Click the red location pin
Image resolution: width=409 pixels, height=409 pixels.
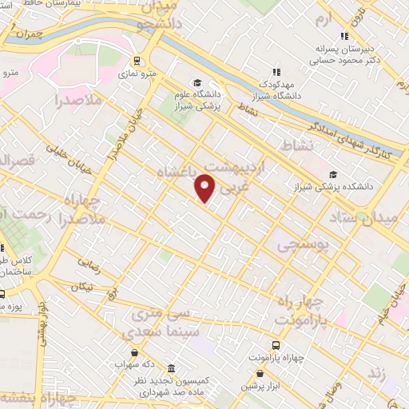click(x=205, y=188)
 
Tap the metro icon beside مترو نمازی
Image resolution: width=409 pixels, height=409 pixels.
click(x=137, y=60)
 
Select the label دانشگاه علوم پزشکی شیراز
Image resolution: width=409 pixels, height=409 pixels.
click(x=197, y=101)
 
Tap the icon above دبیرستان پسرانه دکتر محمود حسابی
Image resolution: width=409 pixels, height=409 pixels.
click(x=344, y=36)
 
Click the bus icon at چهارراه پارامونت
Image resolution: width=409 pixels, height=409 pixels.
click(x=276, y=345)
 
